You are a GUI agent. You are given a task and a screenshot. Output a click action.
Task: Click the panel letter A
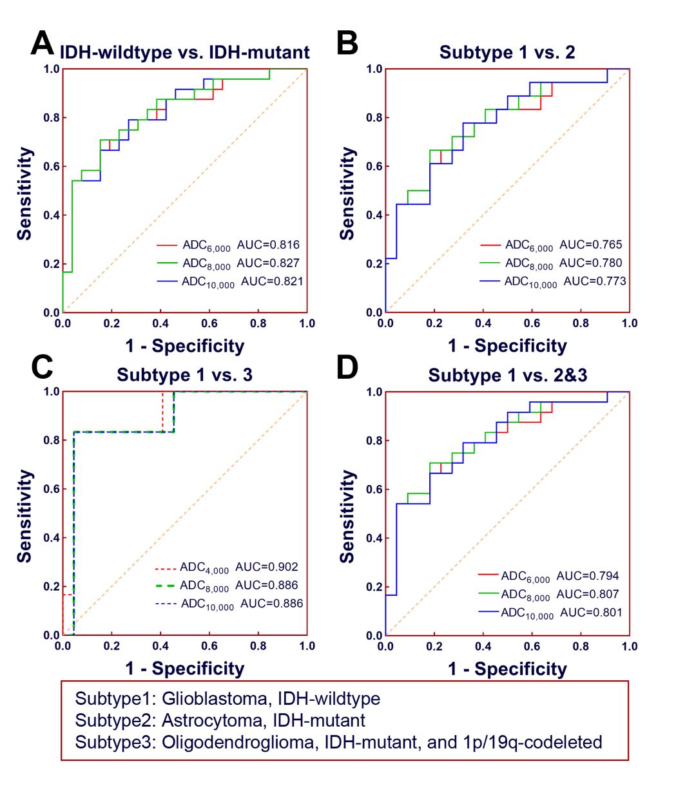[x=42, y=45]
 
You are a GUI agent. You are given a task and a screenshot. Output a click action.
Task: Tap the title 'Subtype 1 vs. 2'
[x=507, y=52]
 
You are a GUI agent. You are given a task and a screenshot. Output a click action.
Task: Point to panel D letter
[x=347, y=367]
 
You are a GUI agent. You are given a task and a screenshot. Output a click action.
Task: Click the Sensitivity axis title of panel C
[x=24, y=515]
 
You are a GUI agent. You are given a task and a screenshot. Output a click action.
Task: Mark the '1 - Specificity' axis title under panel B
[x=507, y=347]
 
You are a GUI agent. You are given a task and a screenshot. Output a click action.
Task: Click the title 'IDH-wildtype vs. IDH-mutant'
[x=185, y=52]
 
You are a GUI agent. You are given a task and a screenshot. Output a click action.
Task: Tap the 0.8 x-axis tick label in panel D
[x=581, y=646]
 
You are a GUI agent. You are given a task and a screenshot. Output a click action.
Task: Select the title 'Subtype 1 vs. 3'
[x=184, y=375]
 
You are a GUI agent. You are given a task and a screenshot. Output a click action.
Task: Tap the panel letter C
[x=42, y=367]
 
